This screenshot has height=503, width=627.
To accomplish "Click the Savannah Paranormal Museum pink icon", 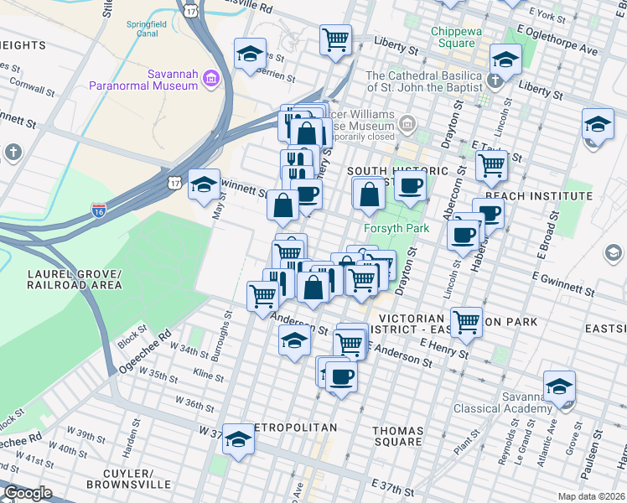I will click(x=210, y=80).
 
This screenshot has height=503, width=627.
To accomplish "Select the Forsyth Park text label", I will click(x=396, y=228).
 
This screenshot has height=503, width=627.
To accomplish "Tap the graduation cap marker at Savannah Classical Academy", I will click(x=559, y=386).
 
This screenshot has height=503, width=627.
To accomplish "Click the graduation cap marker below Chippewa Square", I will click(x=505, y=59).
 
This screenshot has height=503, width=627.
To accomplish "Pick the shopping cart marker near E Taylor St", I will click(x=491, y=164).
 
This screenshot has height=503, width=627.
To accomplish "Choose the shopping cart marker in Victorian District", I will click(x=466, y=320).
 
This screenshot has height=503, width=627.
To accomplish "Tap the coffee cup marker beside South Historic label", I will click(x=410, y=186).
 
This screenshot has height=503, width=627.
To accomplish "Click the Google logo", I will click(x=27, y=493).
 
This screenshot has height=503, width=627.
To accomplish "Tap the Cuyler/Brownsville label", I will click(x=128, y=479).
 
